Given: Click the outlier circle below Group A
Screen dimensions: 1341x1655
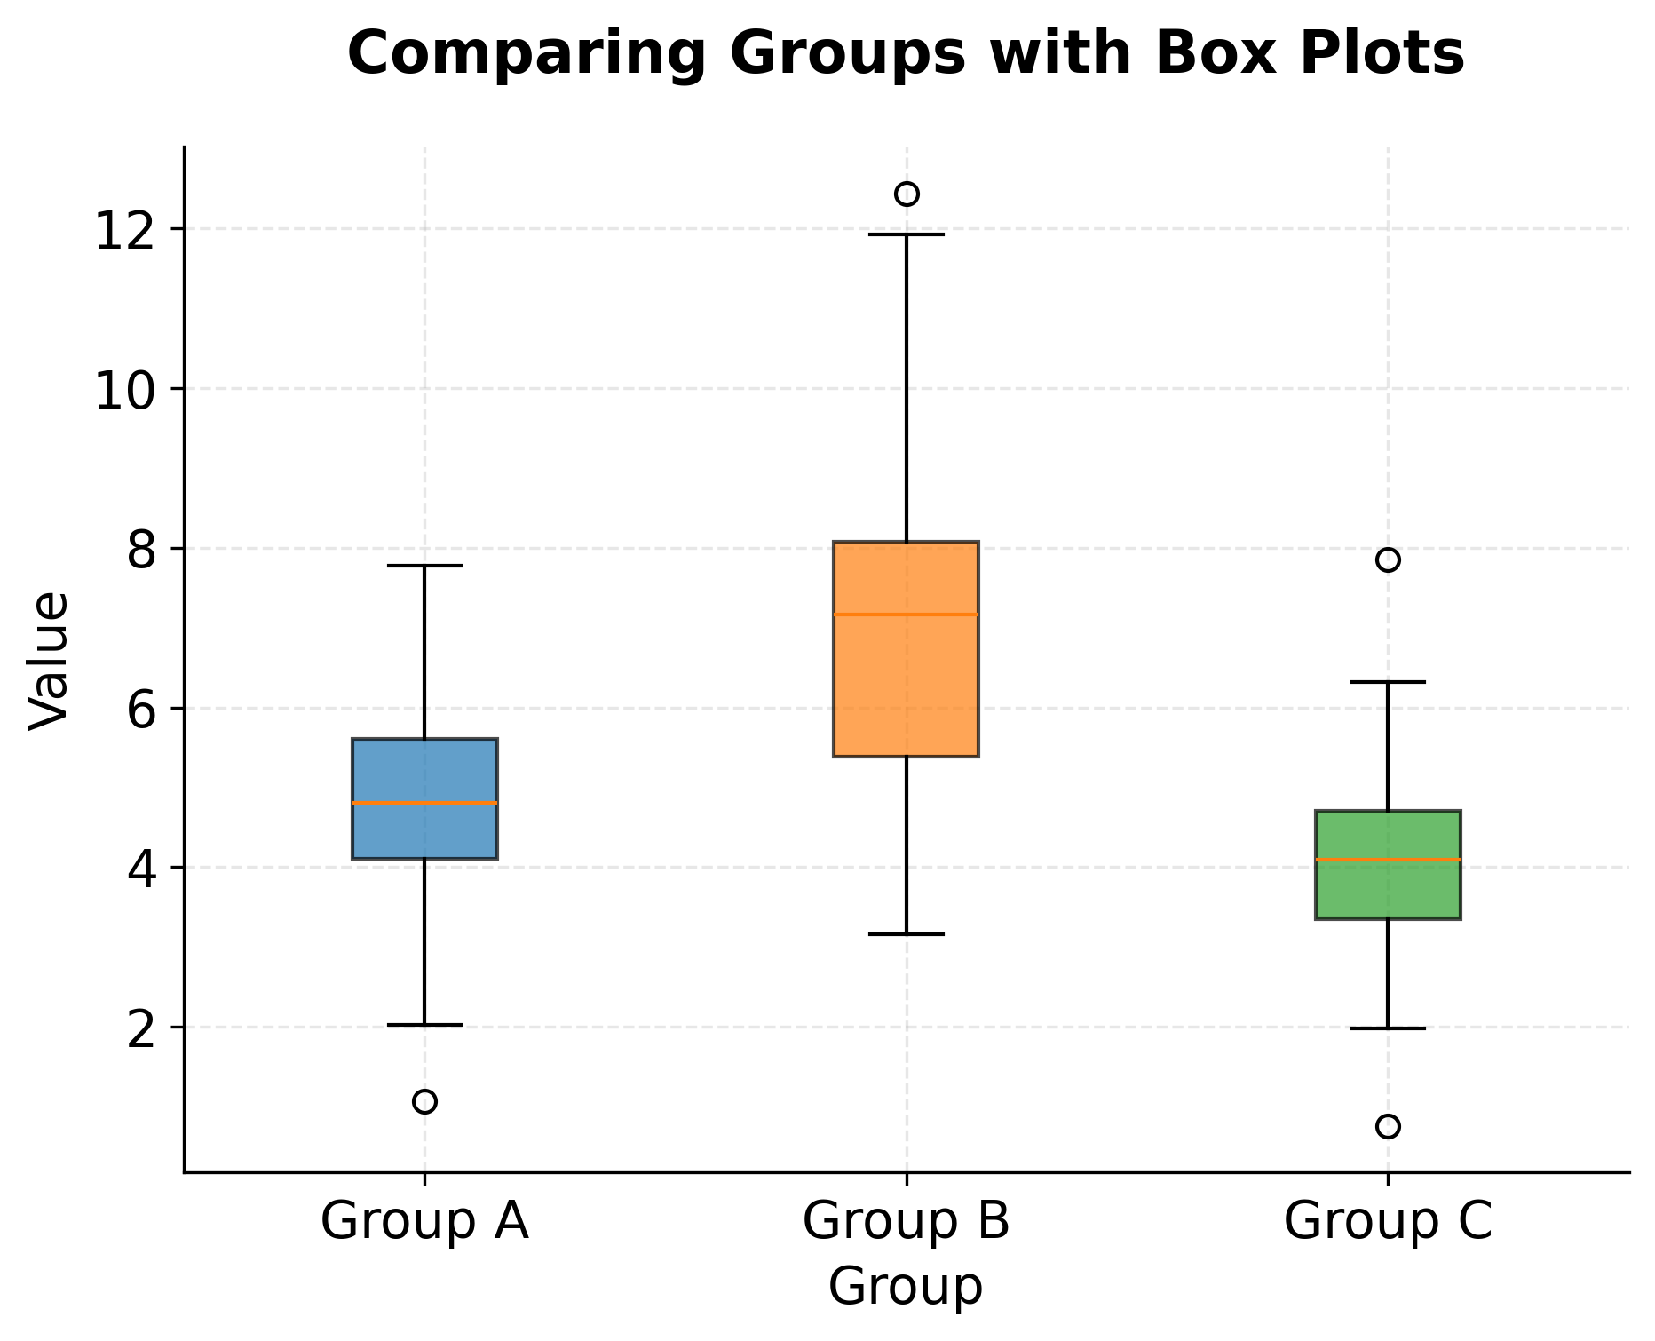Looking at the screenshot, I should [424, 1101].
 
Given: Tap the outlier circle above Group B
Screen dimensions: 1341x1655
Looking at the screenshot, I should [907, 194].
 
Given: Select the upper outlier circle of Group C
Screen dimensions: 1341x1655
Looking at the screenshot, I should [1388, 559].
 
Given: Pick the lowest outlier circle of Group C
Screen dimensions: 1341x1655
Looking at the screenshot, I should [1388, 1126].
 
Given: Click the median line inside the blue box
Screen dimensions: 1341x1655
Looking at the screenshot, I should [424, 803].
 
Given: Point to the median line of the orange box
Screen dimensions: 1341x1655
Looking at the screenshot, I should [907, 615].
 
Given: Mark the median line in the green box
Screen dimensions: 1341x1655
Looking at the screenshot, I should [1388, 860].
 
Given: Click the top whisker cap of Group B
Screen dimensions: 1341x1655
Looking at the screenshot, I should [907, 234].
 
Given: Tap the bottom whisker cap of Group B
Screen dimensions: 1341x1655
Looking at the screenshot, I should [907, 934].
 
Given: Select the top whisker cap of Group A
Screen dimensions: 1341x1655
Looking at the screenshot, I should [424, 566].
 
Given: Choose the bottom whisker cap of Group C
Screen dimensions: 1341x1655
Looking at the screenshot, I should [1388, 1028].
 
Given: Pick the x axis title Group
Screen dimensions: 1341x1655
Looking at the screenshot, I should [906, 1286].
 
